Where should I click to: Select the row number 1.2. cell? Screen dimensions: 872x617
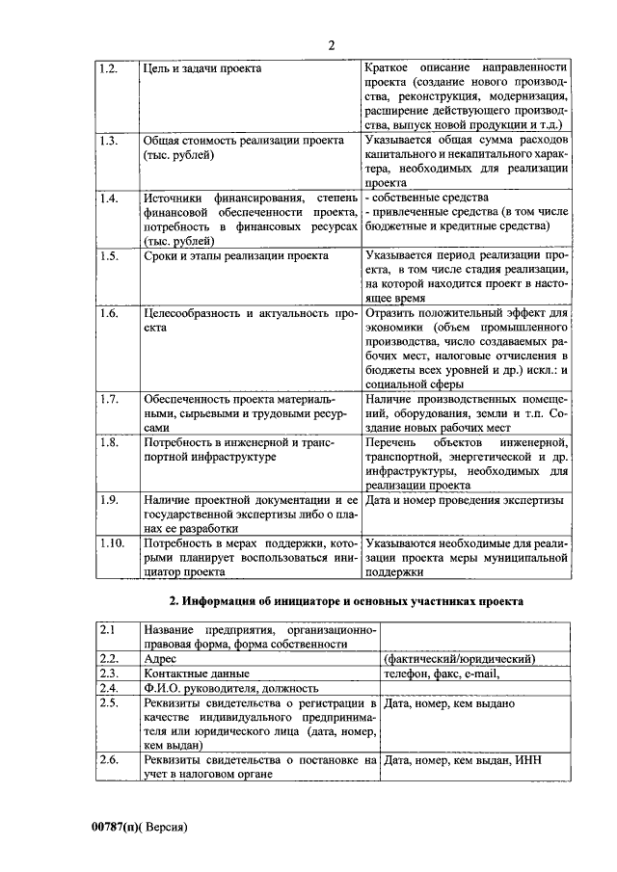click(x=109, y=68)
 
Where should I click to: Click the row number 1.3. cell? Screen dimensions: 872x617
click(x=109, y=140)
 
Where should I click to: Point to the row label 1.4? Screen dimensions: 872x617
click(x=109, y=198)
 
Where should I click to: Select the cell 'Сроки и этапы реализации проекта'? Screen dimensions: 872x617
click(x=235, y=255)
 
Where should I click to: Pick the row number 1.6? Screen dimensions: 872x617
click(x=109, y=313)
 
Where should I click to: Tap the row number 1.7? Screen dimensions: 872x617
click(x=109, y=399)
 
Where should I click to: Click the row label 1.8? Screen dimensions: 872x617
click(x=109, y=442)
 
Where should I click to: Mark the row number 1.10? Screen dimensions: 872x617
click(x=112, y=542)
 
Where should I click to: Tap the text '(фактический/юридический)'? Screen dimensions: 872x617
click(x=459, y=658)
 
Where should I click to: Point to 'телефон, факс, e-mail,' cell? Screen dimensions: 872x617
click(x=441, y=674)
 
